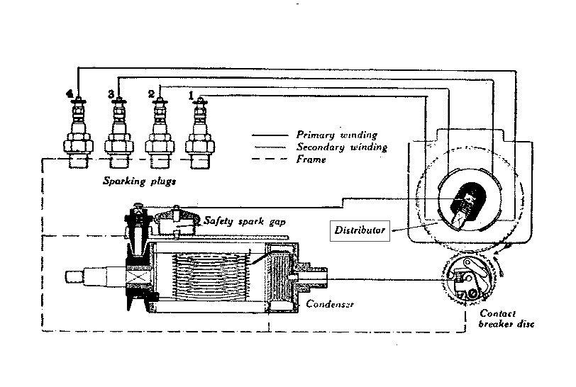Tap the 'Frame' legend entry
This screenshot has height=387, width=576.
coord(311,159)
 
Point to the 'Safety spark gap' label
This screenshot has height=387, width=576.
coord(245,221)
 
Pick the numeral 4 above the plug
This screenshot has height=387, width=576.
coord(69,94)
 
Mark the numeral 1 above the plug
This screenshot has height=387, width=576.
coord(190,93)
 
